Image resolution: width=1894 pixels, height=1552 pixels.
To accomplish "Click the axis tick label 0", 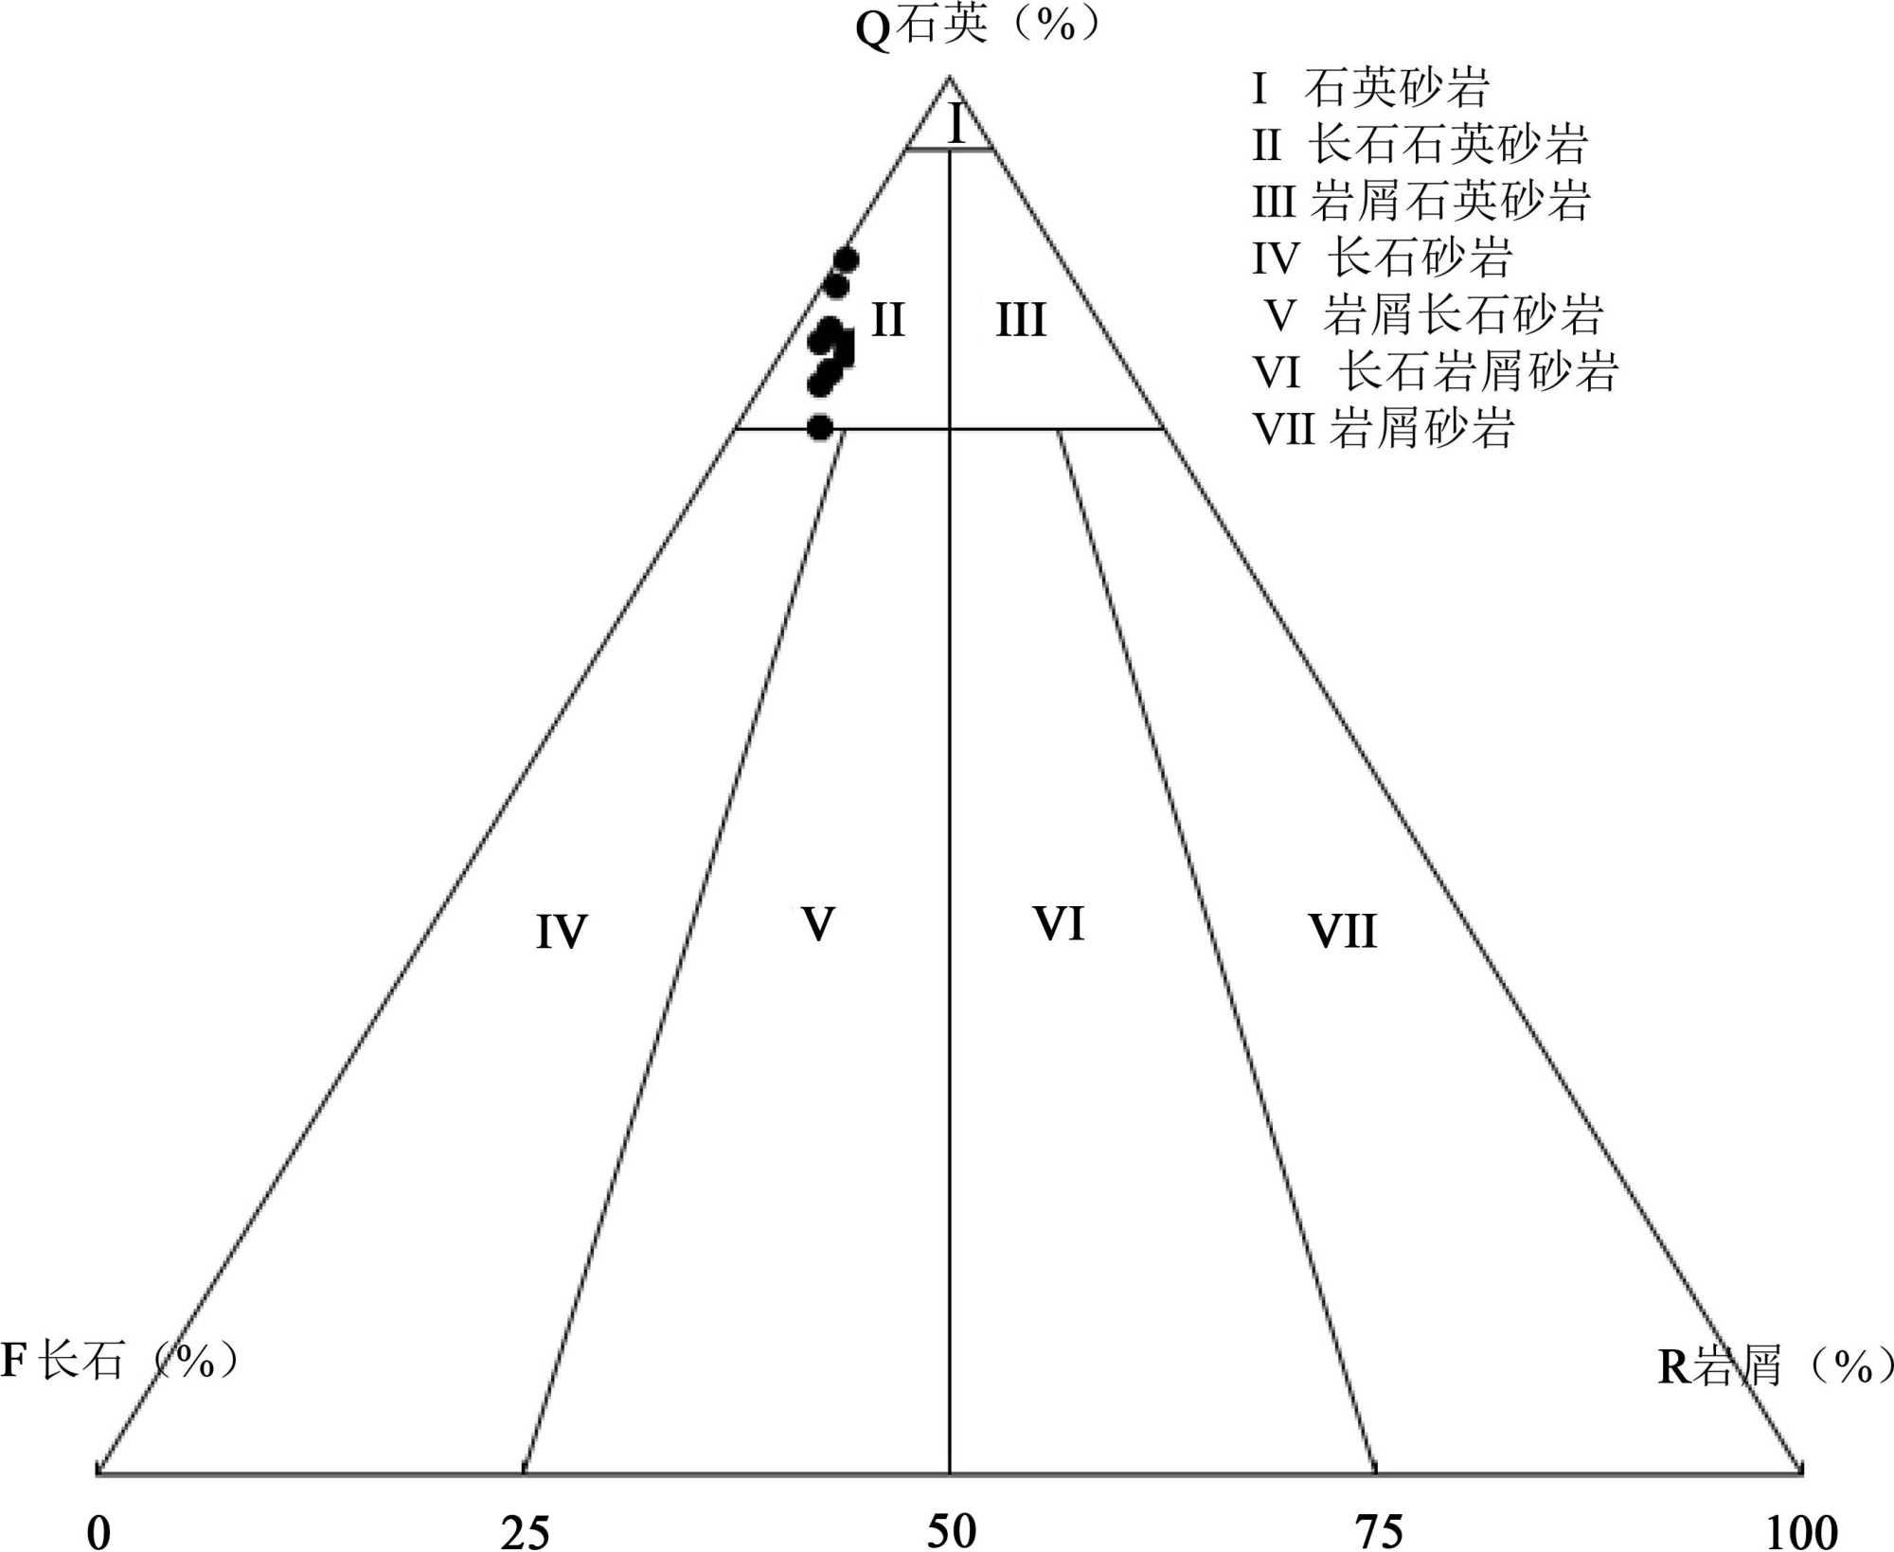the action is pos(99,1531).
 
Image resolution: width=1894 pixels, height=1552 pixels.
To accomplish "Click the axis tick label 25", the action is pos(525,1531).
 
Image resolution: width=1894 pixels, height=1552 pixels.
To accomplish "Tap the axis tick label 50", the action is pos(951,1531).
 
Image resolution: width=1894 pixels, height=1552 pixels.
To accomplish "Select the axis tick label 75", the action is pos(1379,1531).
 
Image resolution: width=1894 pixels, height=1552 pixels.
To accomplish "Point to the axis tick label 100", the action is pos(1802,1531).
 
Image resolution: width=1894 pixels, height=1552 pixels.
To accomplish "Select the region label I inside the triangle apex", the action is pos(956,124).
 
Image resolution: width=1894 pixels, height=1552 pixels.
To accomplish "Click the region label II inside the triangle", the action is pos(887,320).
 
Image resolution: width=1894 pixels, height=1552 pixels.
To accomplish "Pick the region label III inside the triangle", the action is pos(1021,320).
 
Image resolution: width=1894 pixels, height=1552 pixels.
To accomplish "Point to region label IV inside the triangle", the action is pos(562,932).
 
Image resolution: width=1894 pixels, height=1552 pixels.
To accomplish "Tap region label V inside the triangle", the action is pos(818,923).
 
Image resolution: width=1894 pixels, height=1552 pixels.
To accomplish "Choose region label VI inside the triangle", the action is pos(1059,923).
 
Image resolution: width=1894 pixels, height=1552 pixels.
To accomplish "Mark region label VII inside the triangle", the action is pos(1343,932).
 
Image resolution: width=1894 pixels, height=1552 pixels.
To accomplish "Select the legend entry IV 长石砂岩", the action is pos(1383,258).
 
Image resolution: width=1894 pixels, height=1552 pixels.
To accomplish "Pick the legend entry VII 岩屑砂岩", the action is pos(1384,428).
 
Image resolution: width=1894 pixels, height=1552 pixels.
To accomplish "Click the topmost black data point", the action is pos(846,259).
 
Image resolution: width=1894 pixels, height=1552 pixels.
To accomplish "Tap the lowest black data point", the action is pos(820,427).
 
